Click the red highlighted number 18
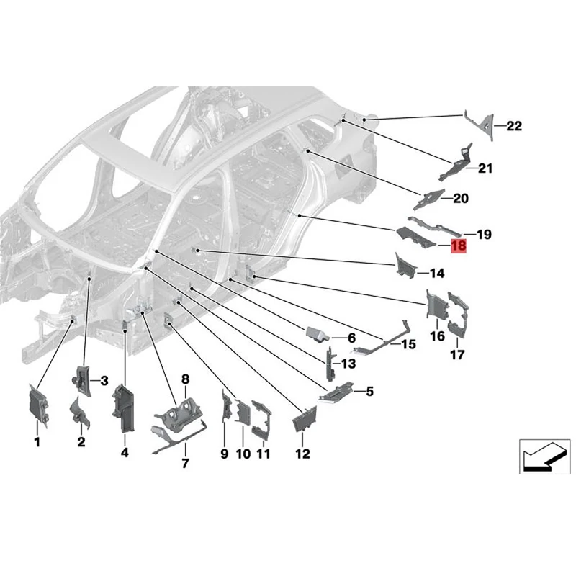(459, 246)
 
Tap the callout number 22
(514, 126)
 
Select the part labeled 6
(318, 334)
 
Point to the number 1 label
(37, 442)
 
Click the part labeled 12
(305, 419)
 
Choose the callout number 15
(408, 344)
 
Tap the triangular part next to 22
(479, 125)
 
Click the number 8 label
(185, 379)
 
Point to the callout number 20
(461, 199)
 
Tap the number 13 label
(348, 364)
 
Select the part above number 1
(38, 406)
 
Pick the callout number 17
(457, 354)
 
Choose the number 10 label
(243, 454)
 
